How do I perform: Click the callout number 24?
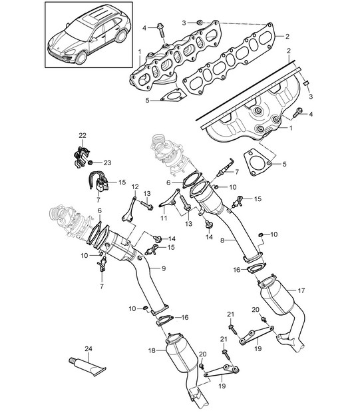pyautogui.click(x=89, y=348)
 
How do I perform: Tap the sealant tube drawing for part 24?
pyautogui.click(x=87, y=366)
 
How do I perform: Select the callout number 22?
pyautogui.click(x=83, y=135)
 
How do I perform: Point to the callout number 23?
pyautogui.click(x=107, y=163)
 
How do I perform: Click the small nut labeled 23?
pyautogui.click(x=90, y=163)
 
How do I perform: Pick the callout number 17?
pyautogui.click(x=301, y=290)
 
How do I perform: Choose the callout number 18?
pyautogui.click(x=152, y=350)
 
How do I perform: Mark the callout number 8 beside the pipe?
pyautogui.click(x=222, y=240)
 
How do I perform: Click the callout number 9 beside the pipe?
pyautogui.click(x=164, y=268)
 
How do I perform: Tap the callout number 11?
pyautogui.click(x=164, y=218)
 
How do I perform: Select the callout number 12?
pyautogui.click(x=135, y=187)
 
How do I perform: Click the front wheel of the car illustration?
pyautogui.click(x=81, y=58)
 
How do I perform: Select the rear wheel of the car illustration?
pyautogui.click(x=121, y=36)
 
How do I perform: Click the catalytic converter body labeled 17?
pyautogui.click(x=277, y=296)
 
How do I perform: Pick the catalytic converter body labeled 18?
pyautogui.click(x=181, y=354)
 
